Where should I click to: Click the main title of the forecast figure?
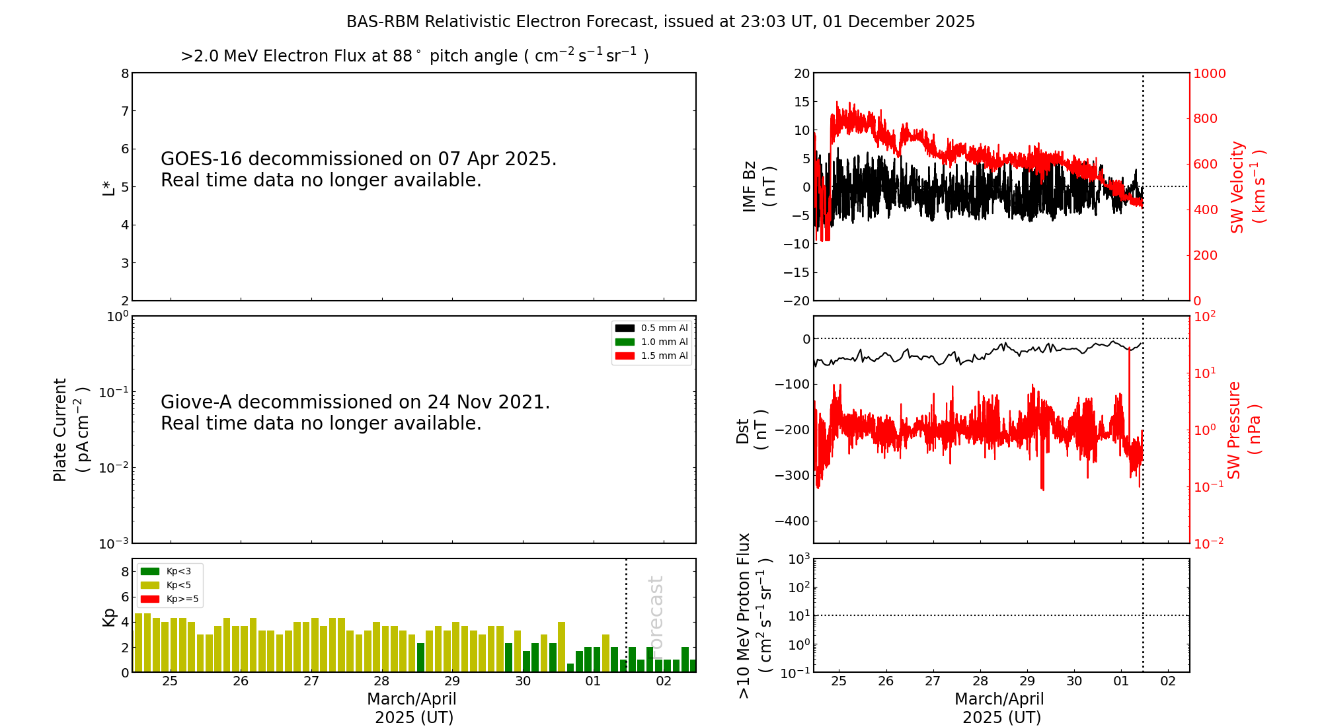point(660,22)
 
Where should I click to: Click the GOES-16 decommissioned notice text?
point(358,169)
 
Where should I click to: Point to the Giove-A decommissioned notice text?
point(355,412)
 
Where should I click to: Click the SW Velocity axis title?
point(1247,186)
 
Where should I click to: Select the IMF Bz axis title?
point(758,186)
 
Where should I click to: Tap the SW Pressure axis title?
point(1243,430)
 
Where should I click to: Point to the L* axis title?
point(108,188)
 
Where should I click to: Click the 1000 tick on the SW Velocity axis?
point(1209,73)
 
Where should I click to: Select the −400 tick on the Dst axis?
point(793,521)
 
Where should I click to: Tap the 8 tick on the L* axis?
point(125,73)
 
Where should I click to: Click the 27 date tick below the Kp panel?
point(311,681)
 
